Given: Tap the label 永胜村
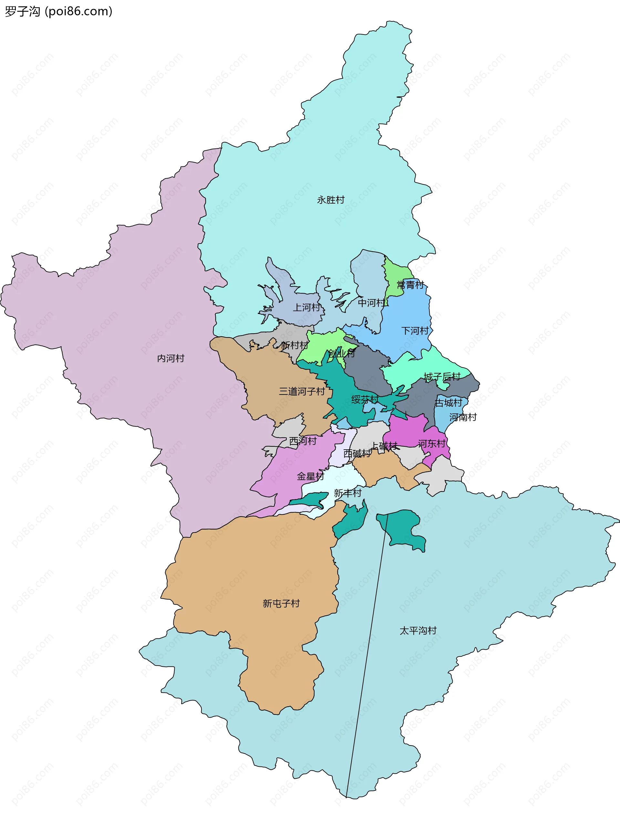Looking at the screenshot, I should click(331, 200).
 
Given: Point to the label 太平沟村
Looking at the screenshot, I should click(418, 631).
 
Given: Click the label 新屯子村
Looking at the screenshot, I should click(281, 604).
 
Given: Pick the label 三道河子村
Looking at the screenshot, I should click(302, 392).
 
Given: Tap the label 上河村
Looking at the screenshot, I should click(306, 307).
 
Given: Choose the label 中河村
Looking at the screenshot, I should click(371, 303).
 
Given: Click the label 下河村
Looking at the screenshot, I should click(415, 331).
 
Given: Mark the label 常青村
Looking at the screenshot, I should click(410, 285).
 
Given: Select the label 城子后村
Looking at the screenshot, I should click(442, 377).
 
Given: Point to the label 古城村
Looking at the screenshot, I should click(449, 403).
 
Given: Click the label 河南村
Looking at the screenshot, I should click(463, 417).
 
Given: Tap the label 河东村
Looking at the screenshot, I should click(431, 444).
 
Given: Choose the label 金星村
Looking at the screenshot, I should click(310, 476).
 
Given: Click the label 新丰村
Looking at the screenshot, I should click(347, 493).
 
